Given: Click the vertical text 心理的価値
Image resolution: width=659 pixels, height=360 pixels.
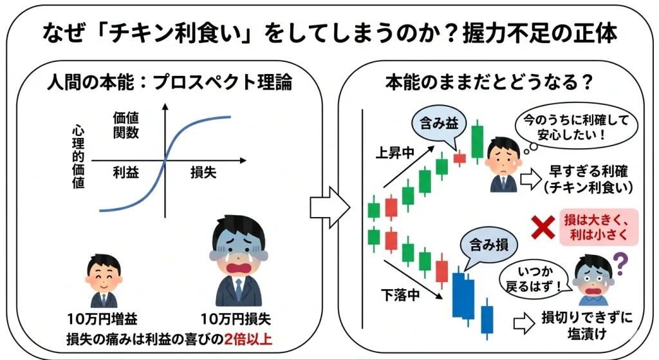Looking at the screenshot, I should (79, 156).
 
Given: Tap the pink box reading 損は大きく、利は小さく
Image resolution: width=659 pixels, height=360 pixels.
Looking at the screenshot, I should (598, 226).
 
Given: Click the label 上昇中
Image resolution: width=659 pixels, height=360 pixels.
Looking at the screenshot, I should (393, 154).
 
